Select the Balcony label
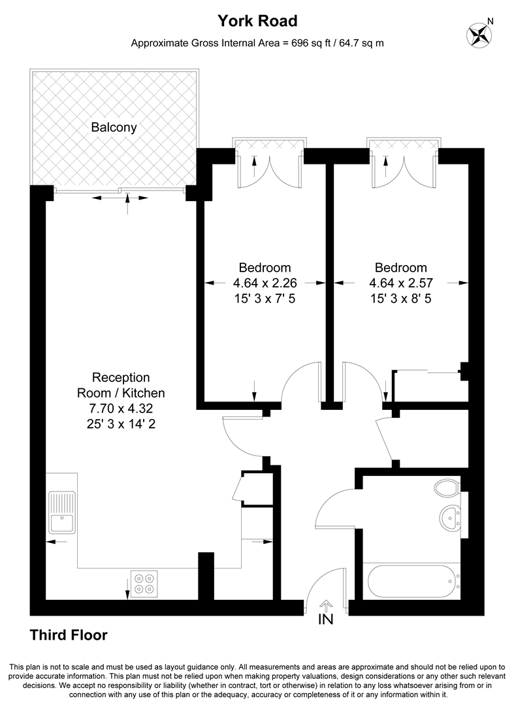[114, 127]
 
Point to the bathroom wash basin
[450, 517]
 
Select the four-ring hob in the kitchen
[144, 584]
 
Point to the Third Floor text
[69, 634]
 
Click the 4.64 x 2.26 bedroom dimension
[265, 283]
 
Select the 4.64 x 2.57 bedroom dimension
[401, 283]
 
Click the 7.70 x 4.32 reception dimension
[121, 409]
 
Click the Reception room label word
[121, 377]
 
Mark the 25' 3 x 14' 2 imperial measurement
[121, 424]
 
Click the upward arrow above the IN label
[325, 605]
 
